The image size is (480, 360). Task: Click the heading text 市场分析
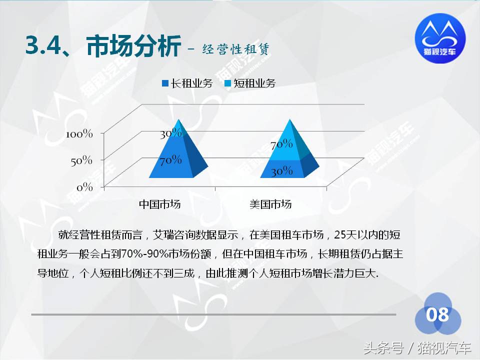[x=133, y=47]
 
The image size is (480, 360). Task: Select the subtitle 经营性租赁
[x=236, y=49]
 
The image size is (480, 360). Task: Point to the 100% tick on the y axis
[x=79, y=134]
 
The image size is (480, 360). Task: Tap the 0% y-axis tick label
[x=84, y=187]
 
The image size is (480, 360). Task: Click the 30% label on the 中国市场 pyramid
[x=170, y=133]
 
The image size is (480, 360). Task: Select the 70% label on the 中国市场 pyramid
[x=170, y=160]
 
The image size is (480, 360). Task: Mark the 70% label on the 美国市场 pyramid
[x=281, y=144]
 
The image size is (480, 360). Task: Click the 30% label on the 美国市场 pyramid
[x=281, y=171]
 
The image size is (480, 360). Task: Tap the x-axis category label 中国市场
[x=159, y=204]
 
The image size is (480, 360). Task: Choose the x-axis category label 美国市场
[x=270, y=204]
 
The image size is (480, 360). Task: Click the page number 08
[x=437, y=315]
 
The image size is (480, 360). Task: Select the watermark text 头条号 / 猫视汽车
[x=417, y=347]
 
